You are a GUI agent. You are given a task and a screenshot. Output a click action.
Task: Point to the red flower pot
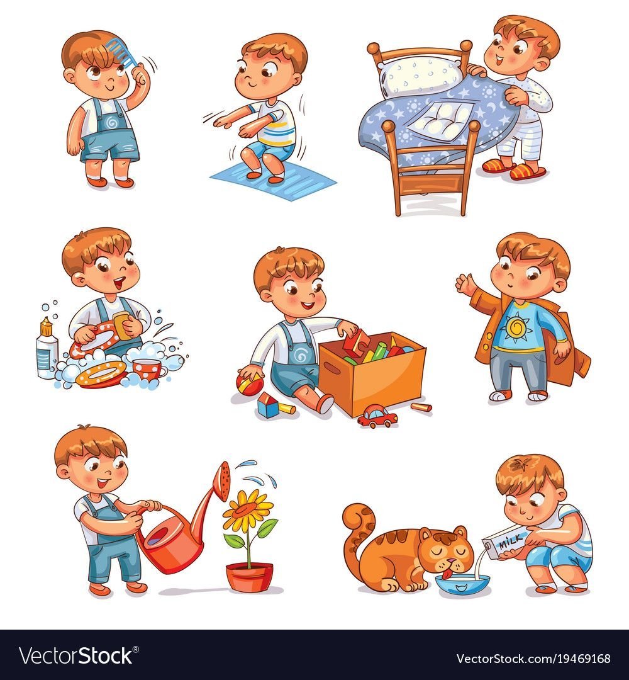click(250, 576)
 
